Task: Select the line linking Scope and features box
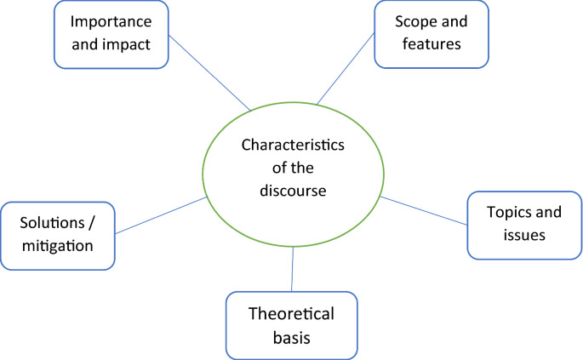[x=346, y=70]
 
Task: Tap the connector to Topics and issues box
[x=423, y=210]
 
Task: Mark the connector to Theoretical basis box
[x=293, y=269]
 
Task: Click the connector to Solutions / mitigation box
[x=162, y=215]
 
